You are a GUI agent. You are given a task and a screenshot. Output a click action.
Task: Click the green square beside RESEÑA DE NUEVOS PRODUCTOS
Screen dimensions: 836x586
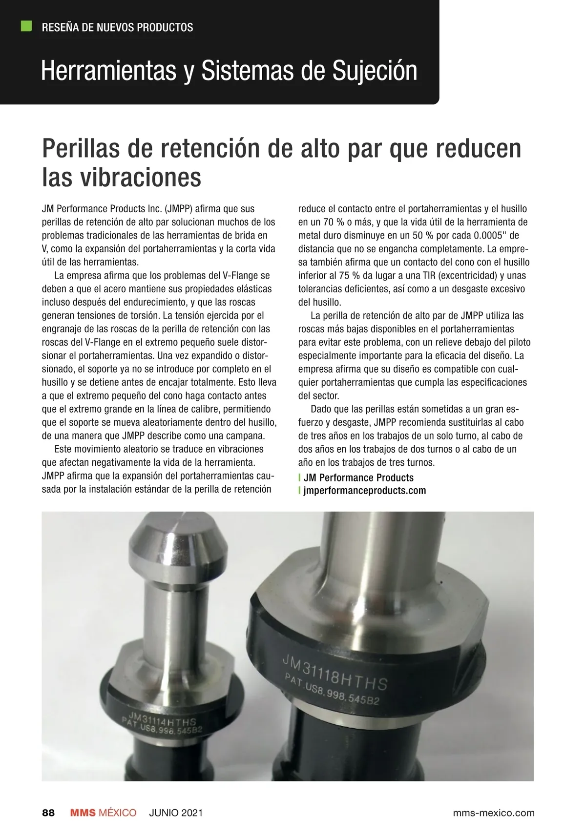click(x=26, y=26)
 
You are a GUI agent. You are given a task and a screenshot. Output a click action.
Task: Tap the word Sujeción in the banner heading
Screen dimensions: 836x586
click(x=375, y=71)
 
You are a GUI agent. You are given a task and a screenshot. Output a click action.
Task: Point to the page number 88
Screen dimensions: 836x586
click(x=48, y=813)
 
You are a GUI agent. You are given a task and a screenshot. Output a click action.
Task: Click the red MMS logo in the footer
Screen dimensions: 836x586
click(x=83, y=813)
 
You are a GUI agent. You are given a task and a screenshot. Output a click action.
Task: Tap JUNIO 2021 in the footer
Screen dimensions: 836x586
click(x=176, y=813)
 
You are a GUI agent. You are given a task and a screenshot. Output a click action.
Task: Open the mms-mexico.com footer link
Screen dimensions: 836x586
click(x=494, y=813)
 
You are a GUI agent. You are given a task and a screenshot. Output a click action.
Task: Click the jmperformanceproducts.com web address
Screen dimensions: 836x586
click(x=364, y=491)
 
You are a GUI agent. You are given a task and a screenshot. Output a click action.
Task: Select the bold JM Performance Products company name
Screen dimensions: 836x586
click(x=358, y=478)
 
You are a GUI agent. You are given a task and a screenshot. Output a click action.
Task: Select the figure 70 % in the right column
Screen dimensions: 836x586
click(x=334, y=222)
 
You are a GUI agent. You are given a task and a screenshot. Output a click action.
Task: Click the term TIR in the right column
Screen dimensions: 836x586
click(x=429, y=276)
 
